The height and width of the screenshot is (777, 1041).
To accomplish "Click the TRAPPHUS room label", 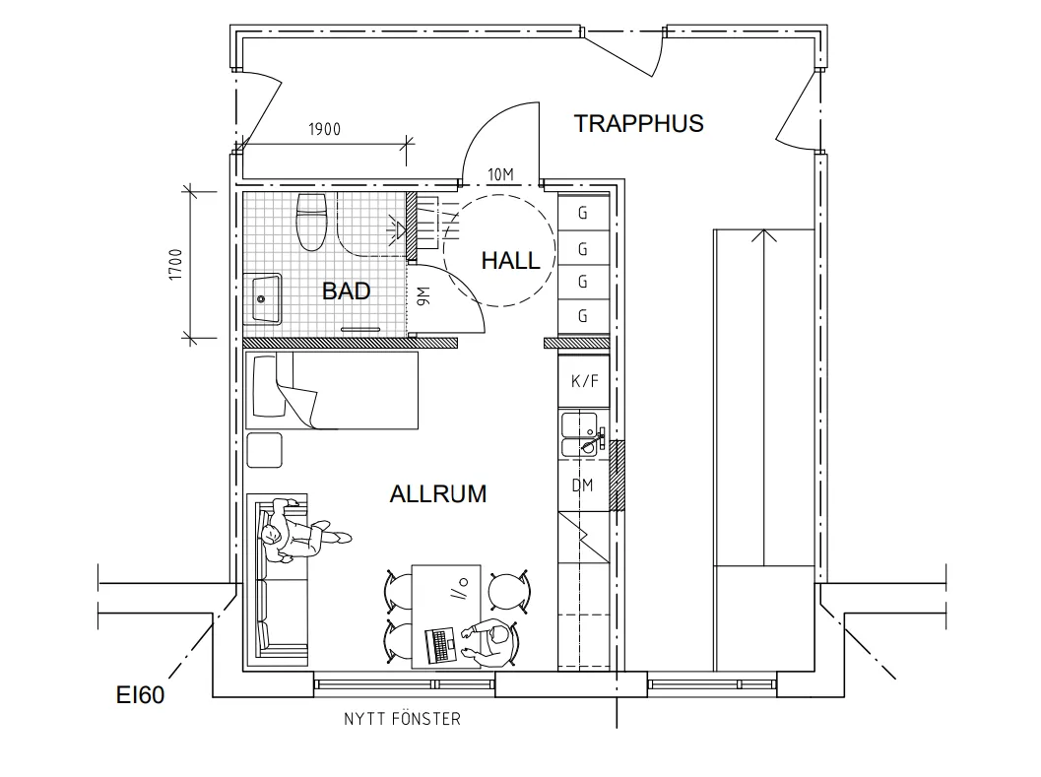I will tap(638, 123).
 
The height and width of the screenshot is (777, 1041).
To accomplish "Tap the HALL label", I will tap(510, 260).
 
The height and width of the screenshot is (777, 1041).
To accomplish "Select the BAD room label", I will tap(347, 291).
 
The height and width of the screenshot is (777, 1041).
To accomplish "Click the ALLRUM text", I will tap(437, 493).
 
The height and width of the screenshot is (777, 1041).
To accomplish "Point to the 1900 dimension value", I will tap(324, 130).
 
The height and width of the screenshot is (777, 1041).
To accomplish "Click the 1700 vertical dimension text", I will tap(175, 264).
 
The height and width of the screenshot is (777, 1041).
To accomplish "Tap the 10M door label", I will tap(501, 175).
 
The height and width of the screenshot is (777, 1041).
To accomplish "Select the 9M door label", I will tap(421, 294).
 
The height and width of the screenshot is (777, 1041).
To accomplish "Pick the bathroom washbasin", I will tap(265, 299).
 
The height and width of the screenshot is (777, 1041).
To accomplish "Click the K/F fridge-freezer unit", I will tap(584, 381).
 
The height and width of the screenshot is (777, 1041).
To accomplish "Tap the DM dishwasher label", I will tap(582, 486).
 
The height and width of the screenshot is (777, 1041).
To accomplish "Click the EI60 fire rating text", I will tap(138, 696).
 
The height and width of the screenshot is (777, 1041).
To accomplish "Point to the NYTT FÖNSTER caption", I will tap(402, 719).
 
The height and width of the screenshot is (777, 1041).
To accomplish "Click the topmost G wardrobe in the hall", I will tap(583, 213).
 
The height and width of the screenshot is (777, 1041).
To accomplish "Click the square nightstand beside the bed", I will tap(265, 450).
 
